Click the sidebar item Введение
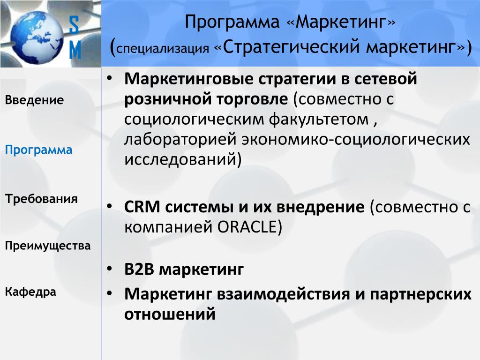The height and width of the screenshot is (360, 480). (34, 100)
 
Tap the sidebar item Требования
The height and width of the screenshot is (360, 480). (41, 199)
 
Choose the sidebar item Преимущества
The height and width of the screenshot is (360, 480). (48, 246)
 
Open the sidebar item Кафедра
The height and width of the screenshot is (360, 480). (30, 292)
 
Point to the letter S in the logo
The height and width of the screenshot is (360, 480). (74, 25)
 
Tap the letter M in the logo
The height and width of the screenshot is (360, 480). (75, 50)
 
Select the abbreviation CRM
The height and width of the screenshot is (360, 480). (142, 207)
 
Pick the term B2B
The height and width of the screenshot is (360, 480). (139, 270)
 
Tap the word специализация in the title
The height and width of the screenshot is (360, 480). (163, 49)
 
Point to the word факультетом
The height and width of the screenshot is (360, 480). (319, 120)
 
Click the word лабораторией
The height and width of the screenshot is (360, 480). (180, 140)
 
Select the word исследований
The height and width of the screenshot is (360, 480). (180, 160)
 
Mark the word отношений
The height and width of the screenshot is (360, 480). (170, 314)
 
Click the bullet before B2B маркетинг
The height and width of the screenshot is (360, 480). (110, 270)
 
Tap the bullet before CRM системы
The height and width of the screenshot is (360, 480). (110, 206)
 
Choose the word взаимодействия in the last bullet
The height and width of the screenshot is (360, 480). (284, 294)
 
